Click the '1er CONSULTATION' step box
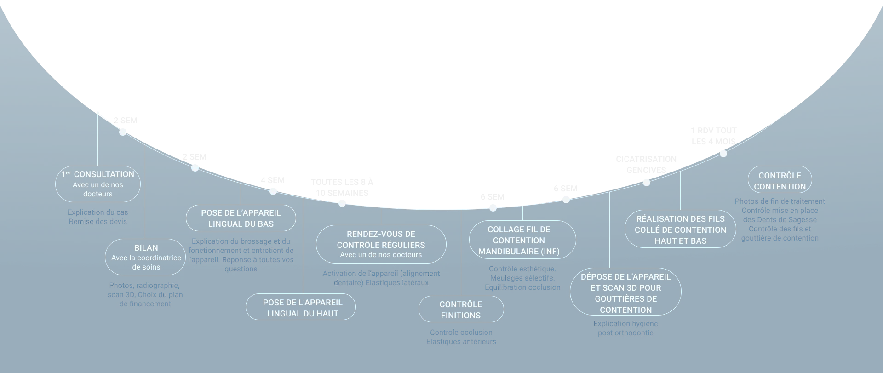pyautogui.click(x=98, y=184)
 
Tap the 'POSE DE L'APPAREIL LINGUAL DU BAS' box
pyautogui.click(x=241, y=218)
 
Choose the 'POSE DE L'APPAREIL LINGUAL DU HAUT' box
pyautogui.click(x=301, y=307)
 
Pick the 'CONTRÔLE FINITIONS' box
pyautogui.click(x=461, y=309)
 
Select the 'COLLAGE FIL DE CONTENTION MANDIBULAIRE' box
pyautogui.click(x=522, y=240)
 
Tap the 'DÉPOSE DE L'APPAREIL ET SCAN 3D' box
pyautogui.click(x=625, y=292)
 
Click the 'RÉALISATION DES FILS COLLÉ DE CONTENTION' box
pyautogui.click(x=680, y=229)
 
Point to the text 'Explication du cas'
pyautogui.click(x=98, y=212)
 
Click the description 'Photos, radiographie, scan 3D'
pyautogui.click(x=145, y=290)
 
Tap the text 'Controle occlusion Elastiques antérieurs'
pyautogui.click(x=461, y=337)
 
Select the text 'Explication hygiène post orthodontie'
pyautogui.click(x=625, y=328)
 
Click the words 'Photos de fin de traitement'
pyautogui.click(x=780, y=201)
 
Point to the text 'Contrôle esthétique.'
pyautogui.click(x=522, y=269)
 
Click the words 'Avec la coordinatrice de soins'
pyautogui.click(x=146, y=263)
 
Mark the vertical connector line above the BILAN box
pyautogui.click(x=145, y=193)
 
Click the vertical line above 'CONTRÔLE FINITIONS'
pyautogui.click(x=461, y=253)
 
